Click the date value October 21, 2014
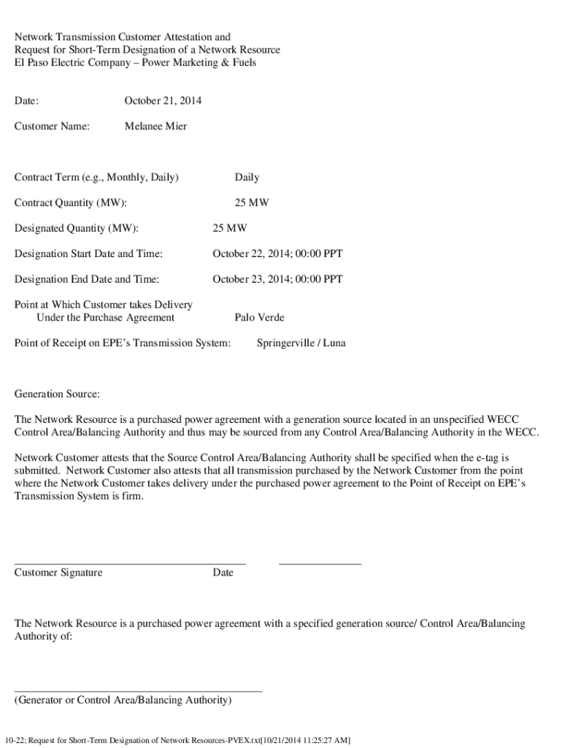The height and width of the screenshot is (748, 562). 163,100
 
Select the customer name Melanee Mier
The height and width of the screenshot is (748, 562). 155,126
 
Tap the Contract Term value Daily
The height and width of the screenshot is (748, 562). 247,177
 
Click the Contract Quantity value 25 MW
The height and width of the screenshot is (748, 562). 251,202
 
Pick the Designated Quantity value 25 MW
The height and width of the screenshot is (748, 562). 229,228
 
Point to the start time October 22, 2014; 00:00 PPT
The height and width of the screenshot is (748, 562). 277,253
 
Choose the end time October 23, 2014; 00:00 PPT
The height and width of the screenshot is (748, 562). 277,279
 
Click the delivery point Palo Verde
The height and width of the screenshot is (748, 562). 259,317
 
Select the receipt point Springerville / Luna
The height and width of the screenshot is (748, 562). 301,343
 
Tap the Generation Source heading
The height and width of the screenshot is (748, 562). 57,394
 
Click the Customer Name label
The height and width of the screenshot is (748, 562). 52,126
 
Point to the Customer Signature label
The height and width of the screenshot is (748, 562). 58,572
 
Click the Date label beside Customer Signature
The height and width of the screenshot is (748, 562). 223,572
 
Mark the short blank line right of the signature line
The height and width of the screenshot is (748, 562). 320,563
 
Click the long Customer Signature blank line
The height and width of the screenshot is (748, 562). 130,563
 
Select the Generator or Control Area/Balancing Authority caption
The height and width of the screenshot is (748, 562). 123,700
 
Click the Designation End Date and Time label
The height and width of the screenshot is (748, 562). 87,279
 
